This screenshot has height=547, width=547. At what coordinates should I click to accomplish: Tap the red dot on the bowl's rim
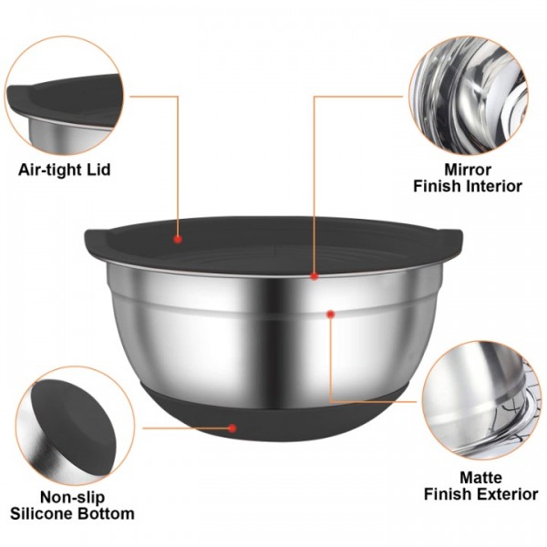[314, 274]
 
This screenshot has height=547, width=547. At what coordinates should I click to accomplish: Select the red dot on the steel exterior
[330, 314]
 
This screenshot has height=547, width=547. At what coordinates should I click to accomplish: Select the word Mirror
[468, 170]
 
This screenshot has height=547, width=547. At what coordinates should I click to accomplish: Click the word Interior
[492, 186]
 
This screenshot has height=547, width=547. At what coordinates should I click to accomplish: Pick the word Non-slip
[71, 497]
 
